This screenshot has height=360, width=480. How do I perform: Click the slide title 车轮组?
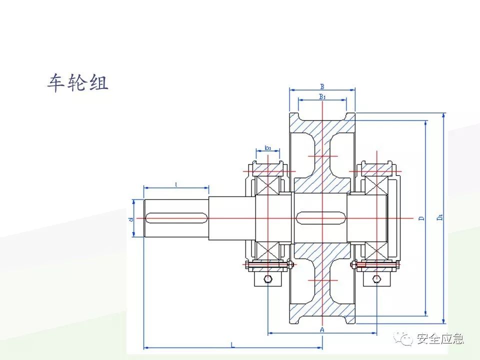pos(78,83)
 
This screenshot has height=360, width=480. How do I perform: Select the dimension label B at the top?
pos(322,86)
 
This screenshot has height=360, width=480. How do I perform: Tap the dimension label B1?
pos(322,96)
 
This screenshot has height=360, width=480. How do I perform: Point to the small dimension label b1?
pos(268,148)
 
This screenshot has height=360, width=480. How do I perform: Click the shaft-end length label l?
pos(176,185)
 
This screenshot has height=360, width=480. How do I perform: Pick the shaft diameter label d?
pos(130,218)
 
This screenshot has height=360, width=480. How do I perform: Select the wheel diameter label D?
pos(421,218)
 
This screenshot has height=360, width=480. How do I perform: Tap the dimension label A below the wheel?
pos(322,330)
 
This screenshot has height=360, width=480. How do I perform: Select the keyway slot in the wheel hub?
pos(322,218)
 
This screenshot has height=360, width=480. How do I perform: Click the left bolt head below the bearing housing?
pos(268,278)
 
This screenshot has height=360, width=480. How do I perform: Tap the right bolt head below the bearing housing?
pos(376,278)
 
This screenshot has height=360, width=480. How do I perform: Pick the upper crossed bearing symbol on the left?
pos(267,184)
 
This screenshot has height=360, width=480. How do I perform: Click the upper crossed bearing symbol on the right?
pos(375,184)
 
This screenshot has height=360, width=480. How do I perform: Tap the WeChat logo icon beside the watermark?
pos(404,339)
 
